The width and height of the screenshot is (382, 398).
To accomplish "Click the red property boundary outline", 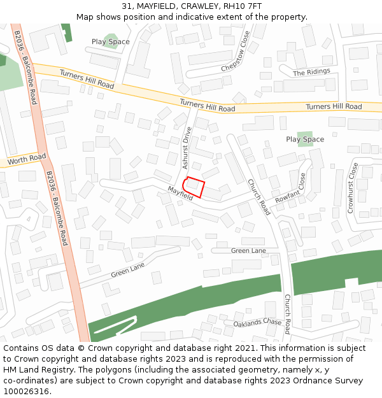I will (x=194, y=187).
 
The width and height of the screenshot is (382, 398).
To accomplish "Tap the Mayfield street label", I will (x=180, y=194).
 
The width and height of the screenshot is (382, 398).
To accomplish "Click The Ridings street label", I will (x=311, y=73).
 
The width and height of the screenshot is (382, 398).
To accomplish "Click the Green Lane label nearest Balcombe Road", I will (x=128, y=270).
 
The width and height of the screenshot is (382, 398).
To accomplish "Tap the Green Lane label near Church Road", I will (x=248, y=251).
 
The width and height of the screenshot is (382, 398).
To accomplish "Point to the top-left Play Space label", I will (x=110, y=42).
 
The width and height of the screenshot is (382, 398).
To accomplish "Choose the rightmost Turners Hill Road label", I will (x=334, y=106).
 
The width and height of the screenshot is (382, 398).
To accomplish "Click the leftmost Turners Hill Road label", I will (x=87, y=80).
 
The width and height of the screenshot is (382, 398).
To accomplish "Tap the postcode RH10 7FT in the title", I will (x=243, y=6).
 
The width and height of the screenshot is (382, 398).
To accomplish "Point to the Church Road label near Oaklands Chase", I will (x=287, y=314).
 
